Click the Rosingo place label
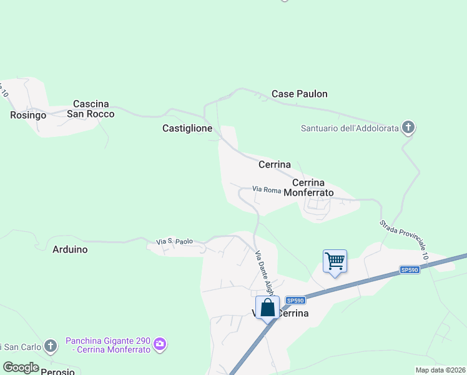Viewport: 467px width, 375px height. click(x=29, y=115)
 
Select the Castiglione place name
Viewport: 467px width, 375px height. click(x=187, y=128)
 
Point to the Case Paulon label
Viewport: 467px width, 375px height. click(x=299, y=94)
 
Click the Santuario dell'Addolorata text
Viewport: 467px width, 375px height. click(x=350, y=128)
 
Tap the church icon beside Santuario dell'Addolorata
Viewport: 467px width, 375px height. click(x=408, y=128)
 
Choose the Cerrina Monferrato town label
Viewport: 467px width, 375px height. click(x=308, y=187)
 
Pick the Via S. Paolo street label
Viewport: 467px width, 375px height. click(x=174, y=241)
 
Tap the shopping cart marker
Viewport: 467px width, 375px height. click(x=335, y=260)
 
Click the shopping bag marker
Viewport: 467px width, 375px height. click(x=267, y=307)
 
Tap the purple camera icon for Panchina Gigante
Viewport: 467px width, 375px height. click(x=160, y=344)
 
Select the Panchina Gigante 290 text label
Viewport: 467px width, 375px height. click(x=108, y=344)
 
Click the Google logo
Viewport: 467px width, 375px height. click(x=21, y=367)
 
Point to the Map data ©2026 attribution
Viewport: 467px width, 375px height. click(x=440, y=370)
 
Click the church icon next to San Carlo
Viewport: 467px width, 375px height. click(x=50, y=346)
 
